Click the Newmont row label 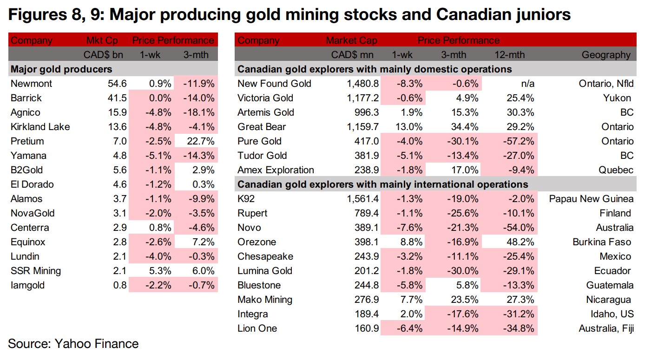point(31,84)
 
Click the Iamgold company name point(28,285)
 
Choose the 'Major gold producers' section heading point(61,69)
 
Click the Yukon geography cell point(619,98)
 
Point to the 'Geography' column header point(606,55)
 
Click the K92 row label point(246,199)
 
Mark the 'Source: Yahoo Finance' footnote point(73,344)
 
